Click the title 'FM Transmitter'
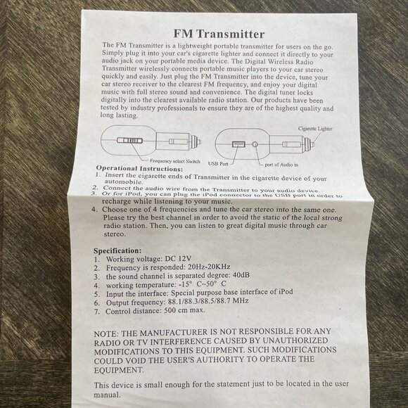tap(219, 34)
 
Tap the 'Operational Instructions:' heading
tap(139, 168)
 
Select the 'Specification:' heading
tap(117, 251)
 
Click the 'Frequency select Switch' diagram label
tap(175, 161)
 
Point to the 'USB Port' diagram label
tap(218, 164)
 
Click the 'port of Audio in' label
tap(281, 165)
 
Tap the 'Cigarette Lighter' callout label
tap(315, 129)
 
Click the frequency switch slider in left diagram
tap(130, 141)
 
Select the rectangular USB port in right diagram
tap(238, 144)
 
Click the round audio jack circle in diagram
tap(255, 144)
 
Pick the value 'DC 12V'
tap(178, 259)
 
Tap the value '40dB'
tap(241, 275)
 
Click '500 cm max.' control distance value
tap(184, 310)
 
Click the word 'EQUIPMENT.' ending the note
tap(119, 370)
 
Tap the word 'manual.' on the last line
tap(107, 395)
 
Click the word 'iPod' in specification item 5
tap(286, 291)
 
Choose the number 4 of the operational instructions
tap(94, 210)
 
